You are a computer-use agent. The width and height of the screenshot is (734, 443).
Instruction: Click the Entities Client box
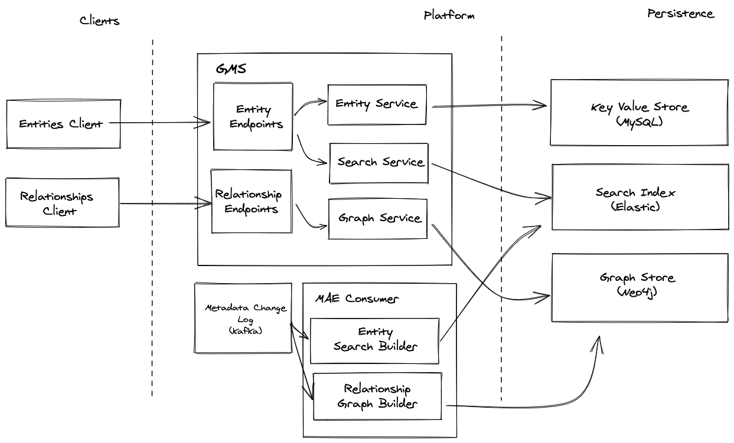point(63,124)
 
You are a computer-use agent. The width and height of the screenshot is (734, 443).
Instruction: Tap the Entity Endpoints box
point(253,117)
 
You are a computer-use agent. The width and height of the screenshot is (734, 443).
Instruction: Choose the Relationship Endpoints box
point(252,202)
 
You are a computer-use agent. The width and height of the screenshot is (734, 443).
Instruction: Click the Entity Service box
point(377,104)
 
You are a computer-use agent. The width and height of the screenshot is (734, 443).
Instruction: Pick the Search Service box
point(379,162)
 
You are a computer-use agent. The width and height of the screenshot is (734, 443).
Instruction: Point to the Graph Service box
point(377,218)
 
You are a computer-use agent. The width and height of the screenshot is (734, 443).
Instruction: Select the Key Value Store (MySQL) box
point(639,113)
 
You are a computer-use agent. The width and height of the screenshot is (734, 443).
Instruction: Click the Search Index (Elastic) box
point(640,197)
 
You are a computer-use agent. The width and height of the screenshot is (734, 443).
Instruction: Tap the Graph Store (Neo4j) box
point(639,287)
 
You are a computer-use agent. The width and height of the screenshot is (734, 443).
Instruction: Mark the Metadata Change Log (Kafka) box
point(243,319)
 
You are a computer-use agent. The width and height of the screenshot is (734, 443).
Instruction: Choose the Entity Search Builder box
point(375,340)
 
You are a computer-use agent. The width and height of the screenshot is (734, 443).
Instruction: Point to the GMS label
point(230,69)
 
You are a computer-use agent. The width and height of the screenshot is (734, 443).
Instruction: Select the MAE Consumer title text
point(356,299)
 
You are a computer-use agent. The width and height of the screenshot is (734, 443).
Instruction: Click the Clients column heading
point(100,21)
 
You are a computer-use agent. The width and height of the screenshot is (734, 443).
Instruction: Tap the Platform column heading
point(449,15)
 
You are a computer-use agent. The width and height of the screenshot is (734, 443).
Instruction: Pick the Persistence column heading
point(680,14)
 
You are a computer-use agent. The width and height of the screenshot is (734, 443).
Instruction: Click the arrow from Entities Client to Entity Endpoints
point(159,123)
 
